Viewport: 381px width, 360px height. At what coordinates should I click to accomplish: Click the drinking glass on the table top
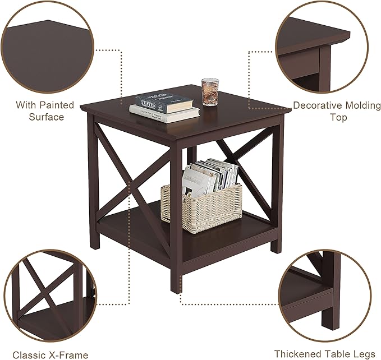click(210, 92)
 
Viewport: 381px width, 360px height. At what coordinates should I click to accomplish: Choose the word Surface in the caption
click(47, 117)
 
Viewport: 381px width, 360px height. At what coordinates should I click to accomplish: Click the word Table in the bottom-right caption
click(333, 354)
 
